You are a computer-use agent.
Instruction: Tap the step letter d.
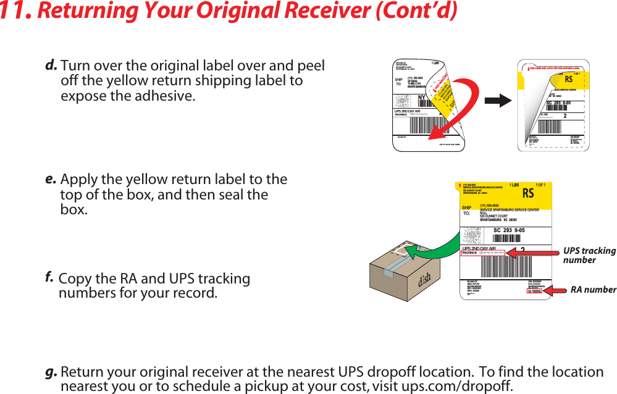[51, 65]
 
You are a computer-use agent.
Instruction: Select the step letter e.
[51, 179]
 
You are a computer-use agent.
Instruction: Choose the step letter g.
[51, 372]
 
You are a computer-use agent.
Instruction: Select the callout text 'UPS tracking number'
[589, 255]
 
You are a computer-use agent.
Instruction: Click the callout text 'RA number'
[593, 290]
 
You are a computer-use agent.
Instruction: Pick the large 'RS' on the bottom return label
[528, 194]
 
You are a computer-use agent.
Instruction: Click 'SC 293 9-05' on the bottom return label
[509, 230]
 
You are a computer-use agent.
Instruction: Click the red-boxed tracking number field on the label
[484, 253]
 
